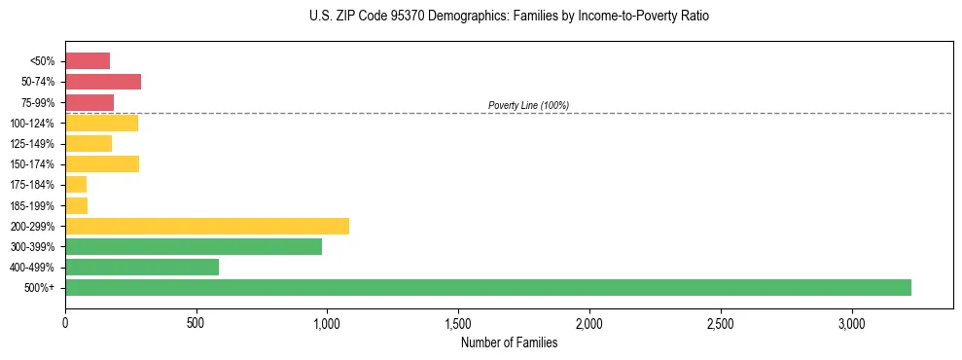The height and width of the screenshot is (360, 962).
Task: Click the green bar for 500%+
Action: click(x=487, y=288)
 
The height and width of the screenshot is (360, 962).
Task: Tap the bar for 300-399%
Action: click(x=194, y=246)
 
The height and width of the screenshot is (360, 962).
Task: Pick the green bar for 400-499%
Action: click(x=142, y=267)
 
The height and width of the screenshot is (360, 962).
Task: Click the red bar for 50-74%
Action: click(x=103, y=82)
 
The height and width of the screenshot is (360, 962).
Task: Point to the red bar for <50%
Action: click(x=88, y=61)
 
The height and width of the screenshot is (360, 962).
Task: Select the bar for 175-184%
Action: click(x=76, y=185)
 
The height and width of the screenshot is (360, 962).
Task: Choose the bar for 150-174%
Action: click(x=102, y=164)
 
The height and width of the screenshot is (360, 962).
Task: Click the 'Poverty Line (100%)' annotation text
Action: click(x=528, y=105)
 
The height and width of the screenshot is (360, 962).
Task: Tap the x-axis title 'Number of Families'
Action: click(x=509, y=342)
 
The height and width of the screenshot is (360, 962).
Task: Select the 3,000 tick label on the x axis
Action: click(x=851, y=322)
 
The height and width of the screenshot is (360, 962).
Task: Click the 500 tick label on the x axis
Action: click(x=196, y=322)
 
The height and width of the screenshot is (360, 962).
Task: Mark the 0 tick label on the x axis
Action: click(x=65, y=322)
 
